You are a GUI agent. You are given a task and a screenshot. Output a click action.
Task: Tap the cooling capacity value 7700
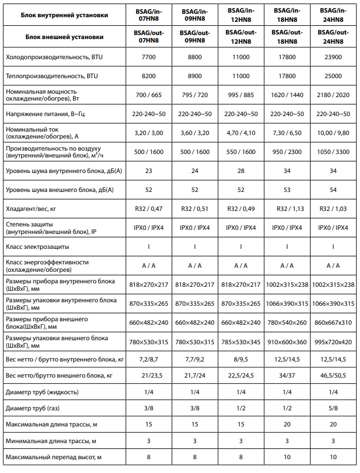(x=149, y=58)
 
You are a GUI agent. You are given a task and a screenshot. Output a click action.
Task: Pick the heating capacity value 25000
(x=332, y=76)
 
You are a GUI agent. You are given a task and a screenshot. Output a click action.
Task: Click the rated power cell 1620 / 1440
(x=287, y=95)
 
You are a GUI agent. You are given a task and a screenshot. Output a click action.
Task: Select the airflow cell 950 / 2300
(x=287, y=152)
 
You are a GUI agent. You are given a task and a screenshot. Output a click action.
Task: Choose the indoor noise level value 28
(x=241, y=171)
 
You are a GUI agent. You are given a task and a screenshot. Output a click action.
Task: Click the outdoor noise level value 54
(x=332, y=190)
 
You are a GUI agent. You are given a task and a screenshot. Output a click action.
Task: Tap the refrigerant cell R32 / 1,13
(x=287, y=209)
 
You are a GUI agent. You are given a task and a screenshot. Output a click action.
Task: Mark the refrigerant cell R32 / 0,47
(x=149, y=209)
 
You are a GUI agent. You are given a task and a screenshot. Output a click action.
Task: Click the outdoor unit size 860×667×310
(x=332, y=322)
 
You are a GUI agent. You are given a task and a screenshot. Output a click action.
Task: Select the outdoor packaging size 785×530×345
(x=241, y=342)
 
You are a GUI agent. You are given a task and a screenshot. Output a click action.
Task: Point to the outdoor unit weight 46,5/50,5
(x=332, y=376)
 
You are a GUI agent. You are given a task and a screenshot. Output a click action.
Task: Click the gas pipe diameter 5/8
(x=332, y=409)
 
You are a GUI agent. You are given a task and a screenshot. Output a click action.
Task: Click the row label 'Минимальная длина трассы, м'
(x=51, y=441)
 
